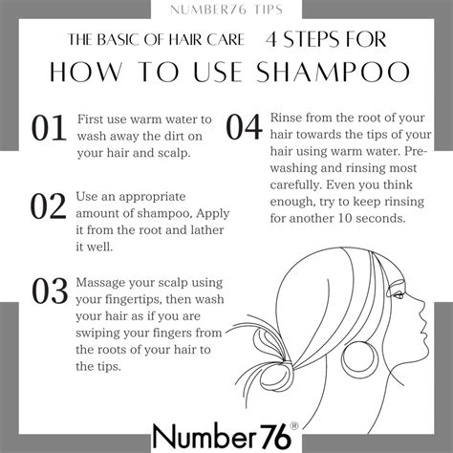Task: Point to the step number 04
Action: [245, 127]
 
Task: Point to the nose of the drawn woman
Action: [423, 316]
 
